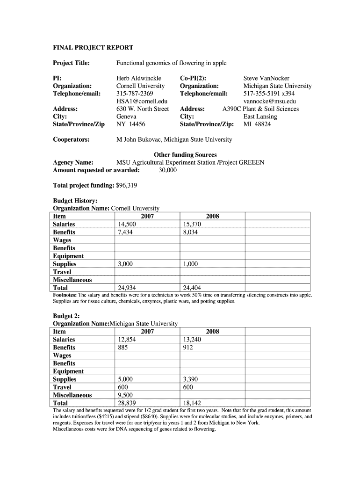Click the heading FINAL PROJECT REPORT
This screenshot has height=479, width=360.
tap(93, 48)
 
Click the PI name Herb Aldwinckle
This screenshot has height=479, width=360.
tap(139, 78)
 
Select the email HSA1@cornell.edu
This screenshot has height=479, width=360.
tap(142, 101)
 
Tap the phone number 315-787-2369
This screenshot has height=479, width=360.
tap(134, 94)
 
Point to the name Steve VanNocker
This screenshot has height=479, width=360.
tap(266, 78)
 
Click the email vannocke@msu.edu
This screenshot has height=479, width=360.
tap(270, 101)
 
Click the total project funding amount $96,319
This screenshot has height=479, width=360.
tap(127, 186)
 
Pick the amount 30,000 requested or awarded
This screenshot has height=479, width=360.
tap(168, 170)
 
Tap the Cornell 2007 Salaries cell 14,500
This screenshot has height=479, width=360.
tap(127, 225)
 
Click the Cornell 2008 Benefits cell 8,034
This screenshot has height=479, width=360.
tap(191, 232)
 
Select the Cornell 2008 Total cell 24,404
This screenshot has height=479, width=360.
tap(192, 288)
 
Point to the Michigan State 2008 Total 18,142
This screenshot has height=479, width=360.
tap(192, 403)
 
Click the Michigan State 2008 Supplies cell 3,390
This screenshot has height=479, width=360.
tap(191, 379)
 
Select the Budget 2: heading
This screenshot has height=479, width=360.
tap(66, 315)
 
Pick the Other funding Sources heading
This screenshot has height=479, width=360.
tap(185, 155)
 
